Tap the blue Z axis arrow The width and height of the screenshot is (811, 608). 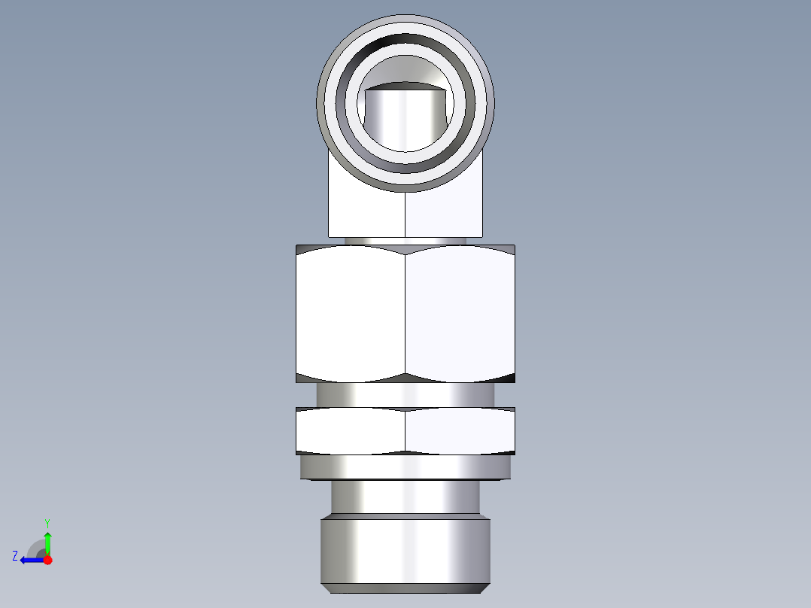pyautogui.click(x=30, y=560)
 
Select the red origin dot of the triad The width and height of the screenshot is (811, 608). pyautogui.click(x=48, y=560)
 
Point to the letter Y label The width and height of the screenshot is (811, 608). pyautogui.click(x=47, y=522)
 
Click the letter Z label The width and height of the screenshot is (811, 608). pyautogui.click(x=15, y=555)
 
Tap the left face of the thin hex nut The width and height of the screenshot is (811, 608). pyautogui.click(x=351, y=430)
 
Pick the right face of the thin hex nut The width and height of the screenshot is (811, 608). pyautogui.click(x=460, y=430)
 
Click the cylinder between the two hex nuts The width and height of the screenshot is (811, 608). pyautogui.click(x=405, y=394)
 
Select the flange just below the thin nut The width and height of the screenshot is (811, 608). pyautogui.click(x=405, y=467)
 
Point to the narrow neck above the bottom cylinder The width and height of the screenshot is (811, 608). pyautogui.click(x=405, y=497)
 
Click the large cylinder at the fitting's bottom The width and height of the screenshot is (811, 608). pyautogui.click(x=405, y=549)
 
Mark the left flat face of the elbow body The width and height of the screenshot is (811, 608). pyautogui.click(x=366, y=211)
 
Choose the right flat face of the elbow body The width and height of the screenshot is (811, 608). pyautogui.click(x=444, y=211)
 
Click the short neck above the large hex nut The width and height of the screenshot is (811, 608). pyautogui.click(x=405, y=241)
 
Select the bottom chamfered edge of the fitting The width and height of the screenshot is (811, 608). pyautogui.click(x=405, y=588)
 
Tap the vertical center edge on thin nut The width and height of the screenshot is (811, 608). pyautogui.click(x=405, y=430)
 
